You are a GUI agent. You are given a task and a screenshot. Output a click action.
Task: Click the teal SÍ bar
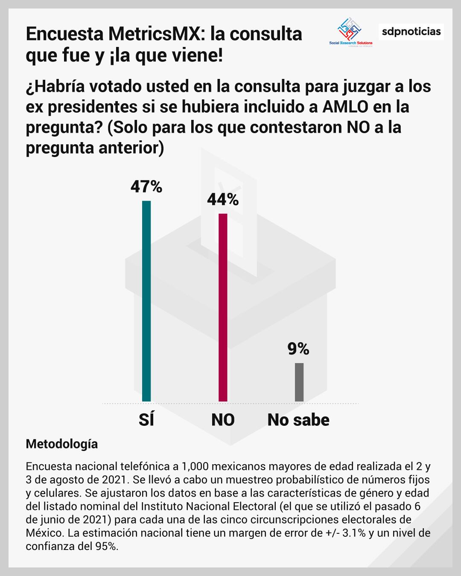(x=146, y=301)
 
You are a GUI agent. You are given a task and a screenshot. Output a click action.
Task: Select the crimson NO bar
(x=223, y=307)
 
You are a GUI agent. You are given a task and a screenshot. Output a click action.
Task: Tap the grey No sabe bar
(x=299, y=382)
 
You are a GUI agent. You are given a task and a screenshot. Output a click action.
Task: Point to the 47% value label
(x=146, y=187)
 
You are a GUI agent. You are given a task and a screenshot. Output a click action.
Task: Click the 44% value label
(x=223, y=199)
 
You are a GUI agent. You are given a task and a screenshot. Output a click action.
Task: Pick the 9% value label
(x=298, y=349)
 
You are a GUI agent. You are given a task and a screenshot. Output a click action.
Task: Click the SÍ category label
(x=146, y=420)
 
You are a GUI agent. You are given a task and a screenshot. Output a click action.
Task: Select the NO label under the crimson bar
(x=223, y=420)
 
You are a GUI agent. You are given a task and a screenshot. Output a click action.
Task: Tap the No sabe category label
(x=298, y=420)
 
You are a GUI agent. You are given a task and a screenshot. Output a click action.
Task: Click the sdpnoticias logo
(x=411, y=32)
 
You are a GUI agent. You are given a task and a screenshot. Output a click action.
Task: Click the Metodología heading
(x=62, y=444)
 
